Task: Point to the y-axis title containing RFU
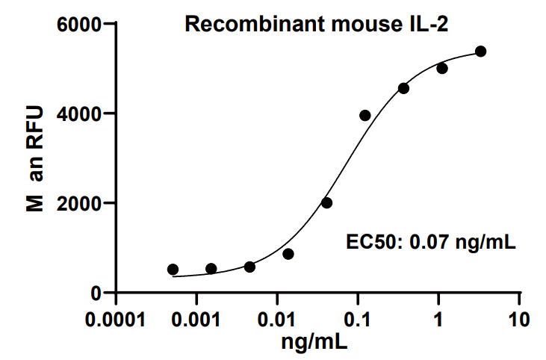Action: tap(35, 158)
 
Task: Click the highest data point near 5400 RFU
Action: tap(480, 52)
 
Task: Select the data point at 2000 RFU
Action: tap(326, 203)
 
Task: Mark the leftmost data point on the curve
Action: tap(173, 270)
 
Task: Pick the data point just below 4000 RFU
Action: tap(365, 116)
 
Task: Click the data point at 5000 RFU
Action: tap(442, 69)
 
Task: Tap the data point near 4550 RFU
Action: tap(403, 88)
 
